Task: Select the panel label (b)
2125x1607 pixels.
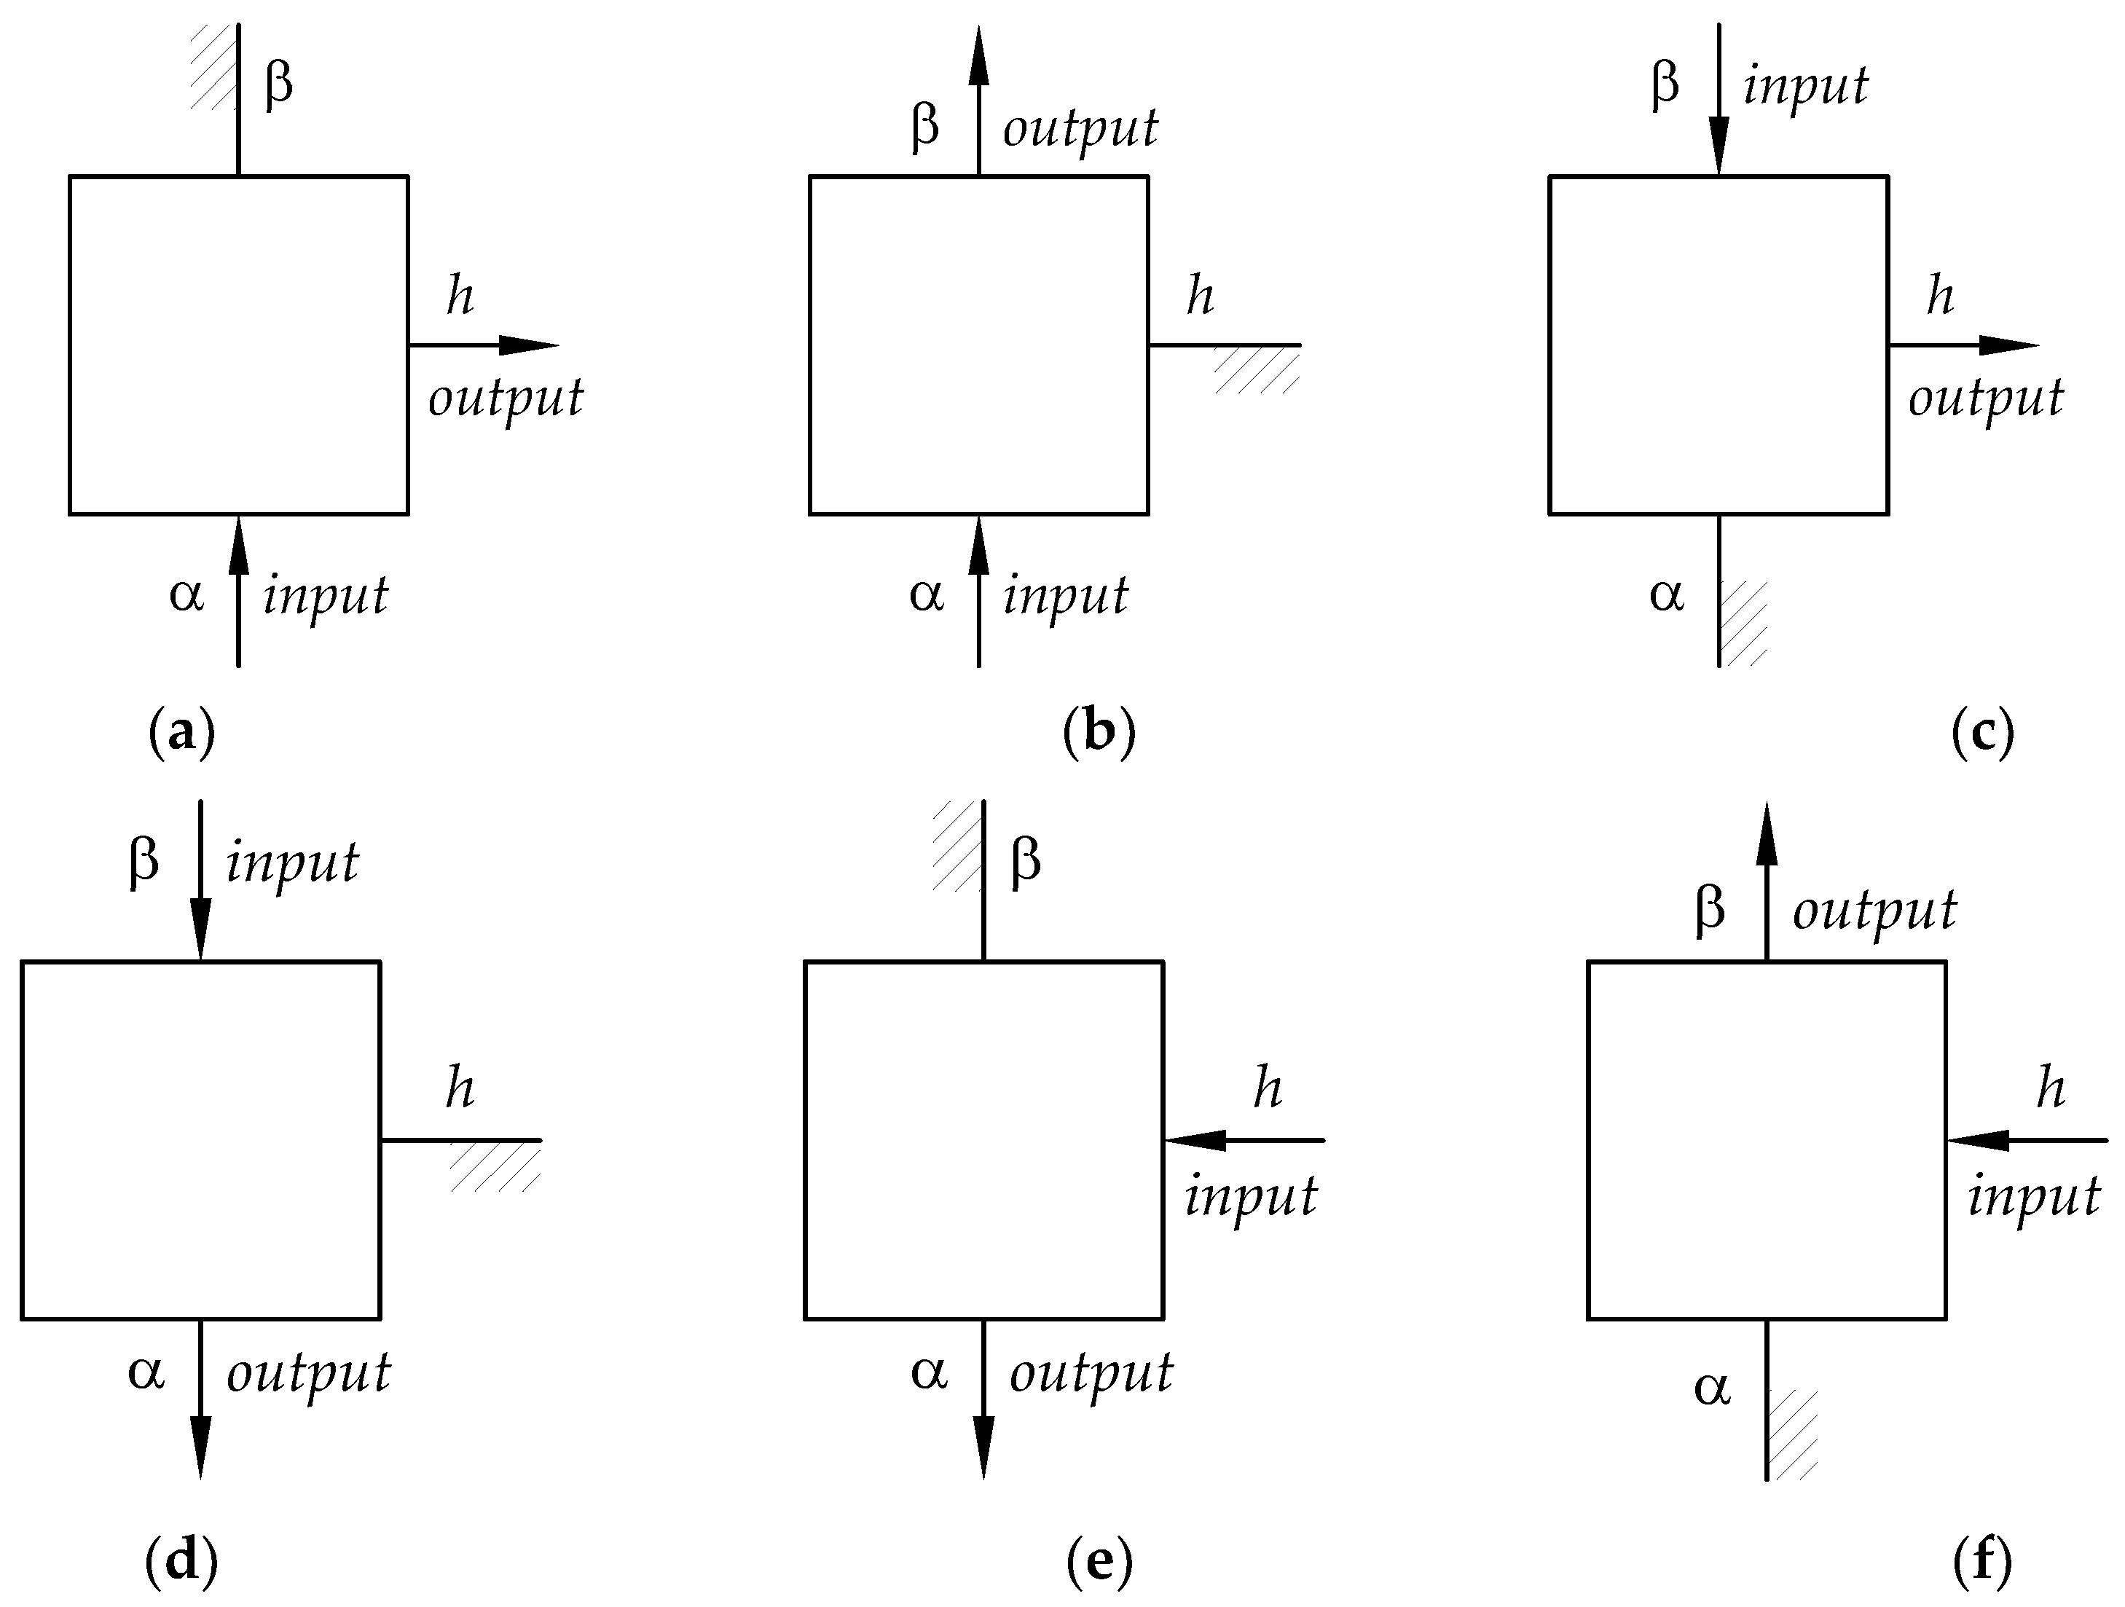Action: [1099, 734]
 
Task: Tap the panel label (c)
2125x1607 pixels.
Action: [1983, 734]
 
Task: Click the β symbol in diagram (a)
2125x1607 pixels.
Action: [278, 85]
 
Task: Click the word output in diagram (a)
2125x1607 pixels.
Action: [506, 398]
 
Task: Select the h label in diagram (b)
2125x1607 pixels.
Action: [1200, 295]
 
